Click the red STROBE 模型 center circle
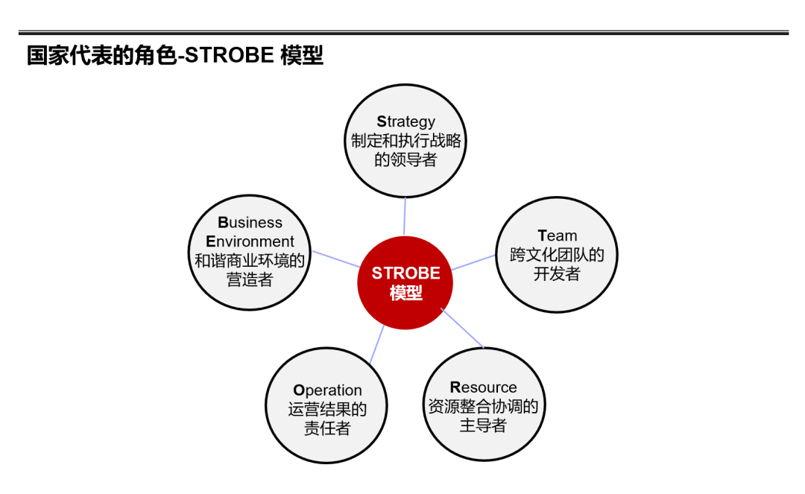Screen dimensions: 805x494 tap(405, 282)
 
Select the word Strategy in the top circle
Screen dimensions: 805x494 tap(405, 121)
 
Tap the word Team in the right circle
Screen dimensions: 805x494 tap(557, 235)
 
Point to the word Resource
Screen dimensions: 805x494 tap(483, 387)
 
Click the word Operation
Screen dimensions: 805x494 tap(327, 390)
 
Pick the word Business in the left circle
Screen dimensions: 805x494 tap(250, 222)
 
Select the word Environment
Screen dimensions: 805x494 tap(250, 241)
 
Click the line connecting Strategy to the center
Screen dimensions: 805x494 tap(405, 217)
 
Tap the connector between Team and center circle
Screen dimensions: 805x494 tap(473, 262)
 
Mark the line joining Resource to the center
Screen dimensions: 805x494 tap(462, 329)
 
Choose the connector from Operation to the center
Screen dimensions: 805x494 tap(377, 344)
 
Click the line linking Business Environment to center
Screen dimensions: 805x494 tap(335, 259)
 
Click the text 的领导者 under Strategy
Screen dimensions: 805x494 tap(405, 159)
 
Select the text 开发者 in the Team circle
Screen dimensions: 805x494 tap(557, 273)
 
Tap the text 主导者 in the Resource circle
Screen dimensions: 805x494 tap(483, 425)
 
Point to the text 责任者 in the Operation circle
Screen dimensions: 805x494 tap(327, 428)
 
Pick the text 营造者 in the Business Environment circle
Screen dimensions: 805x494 tap(250, 279)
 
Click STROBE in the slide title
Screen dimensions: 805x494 tap(230, 55)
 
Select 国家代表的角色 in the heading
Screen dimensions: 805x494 tap(101, 55)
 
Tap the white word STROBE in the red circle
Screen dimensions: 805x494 tap(405, 273)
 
